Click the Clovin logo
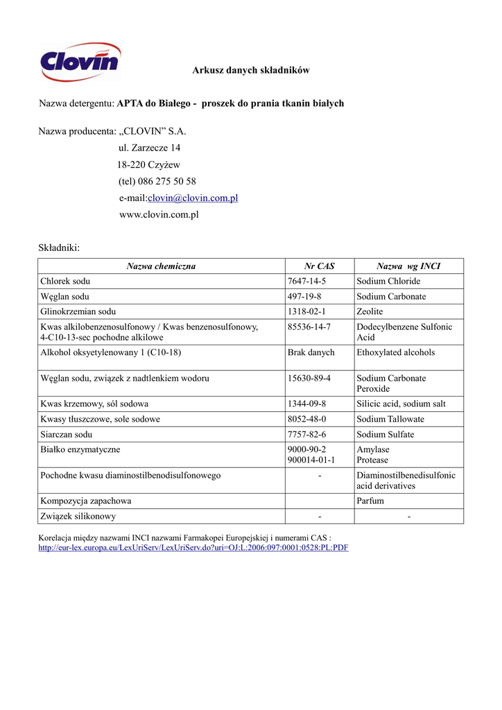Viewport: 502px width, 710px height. [x=80, y=62]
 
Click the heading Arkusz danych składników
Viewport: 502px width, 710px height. [x=251, y=70]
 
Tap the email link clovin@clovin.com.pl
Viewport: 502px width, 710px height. [x=193, y=198]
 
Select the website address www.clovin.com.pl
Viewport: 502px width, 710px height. [x=159, y=215]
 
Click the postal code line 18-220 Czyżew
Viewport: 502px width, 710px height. [x=148, y=165]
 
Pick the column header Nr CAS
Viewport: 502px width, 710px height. [x=319, y=266]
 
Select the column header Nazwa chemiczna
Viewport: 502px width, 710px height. [x=161, y=266]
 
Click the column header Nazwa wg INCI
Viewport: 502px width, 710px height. [x=408, y=266]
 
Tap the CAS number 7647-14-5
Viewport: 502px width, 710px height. [x=306, y=282]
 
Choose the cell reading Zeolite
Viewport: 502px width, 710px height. [x=370, y=312]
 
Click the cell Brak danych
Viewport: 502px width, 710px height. [x=311, y=353]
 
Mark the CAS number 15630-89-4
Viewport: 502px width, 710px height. [x=309, y=379]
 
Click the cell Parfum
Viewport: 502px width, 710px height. [x=370, y=501]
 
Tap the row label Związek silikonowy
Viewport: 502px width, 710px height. [x=78, y=516]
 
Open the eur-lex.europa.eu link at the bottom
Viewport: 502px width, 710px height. [x=193, y=548]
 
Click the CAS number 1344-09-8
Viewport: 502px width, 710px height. [x=306, y=404]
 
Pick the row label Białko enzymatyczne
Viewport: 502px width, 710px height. [x=80, y=450]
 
